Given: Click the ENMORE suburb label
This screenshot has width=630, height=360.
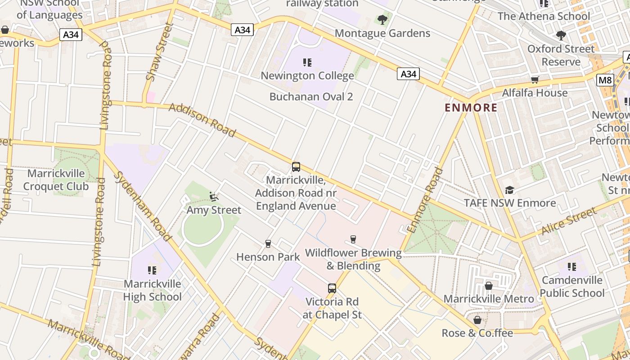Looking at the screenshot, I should (471, 108).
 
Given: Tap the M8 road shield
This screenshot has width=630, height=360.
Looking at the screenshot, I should (605, 80).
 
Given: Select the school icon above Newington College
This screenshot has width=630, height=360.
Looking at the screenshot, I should (307, 62).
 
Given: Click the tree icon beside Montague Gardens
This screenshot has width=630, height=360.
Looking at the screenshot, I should (382, 20).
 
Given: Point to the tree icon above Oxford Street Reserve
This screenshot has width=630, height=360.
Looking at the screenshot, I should (561, 35).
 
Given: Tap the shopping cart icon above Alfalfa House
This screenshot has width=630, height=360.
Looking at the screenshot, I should (535, 80).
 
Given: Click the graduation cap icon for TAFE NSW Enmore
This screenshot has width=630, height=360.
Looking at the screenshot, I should (509, 190).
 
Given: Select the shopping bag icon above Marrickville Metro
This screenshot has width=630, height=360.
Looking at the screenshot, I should (488, 286).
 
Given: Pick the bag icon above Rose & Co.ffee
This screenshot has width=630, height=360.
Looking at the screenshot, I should (477, 320).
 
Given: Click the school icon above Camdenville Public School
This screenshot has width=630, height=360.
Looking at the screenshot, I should (572, 267).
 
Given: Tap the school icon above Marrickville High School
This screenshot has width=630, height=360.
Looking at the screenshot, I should (152, 270).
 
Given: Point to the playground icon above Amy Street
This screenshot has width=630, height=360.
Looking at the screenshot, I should (214, 197).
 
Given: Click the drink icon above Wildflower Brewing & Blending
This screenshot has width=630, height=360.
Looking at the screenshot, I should (353, 239).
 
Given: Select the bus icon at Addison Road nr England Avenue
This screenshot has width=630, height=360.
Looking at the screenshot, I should (296, 167).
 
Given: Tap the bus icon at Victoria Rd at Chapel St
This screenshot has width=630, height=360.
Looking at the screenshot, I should (332, 288).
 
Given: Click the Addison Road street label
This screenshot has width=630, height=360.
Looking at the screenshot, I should (202, 120).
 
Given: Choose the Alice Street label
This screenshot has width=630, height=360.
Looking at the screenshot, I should (569, 221).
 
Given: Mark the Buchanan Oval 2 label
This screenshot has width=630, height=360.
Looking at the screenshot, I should (311, 97).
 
